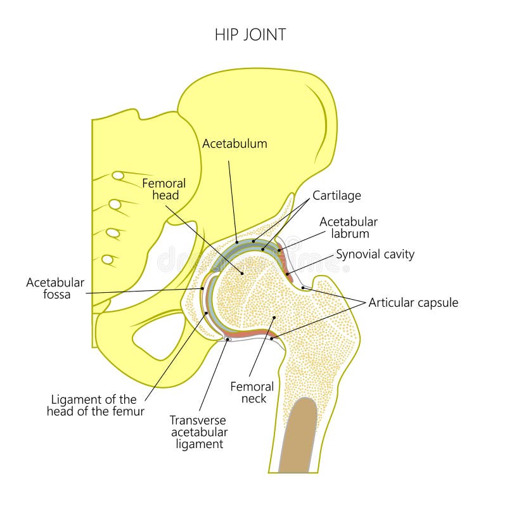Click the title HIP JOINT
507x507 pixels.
250,35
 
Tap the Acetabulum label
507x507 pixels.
234,144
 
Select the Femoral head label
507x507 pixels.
164,189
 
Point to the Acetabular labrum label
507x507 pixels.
348,228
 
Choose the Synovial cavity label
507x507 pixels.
375,254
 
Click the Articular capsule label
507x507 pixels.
413,303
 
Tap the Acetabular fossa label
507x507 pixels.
55,288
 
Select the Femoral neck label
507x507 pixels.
252,392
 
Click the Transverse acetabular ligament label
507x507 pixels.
198,432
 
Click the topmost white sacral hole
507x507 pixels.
118,175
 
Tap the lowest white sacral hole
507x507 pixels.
108,259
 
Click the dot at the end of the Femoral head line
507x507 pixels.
241,273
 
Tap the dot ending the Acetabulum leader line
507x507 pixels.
236,241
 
